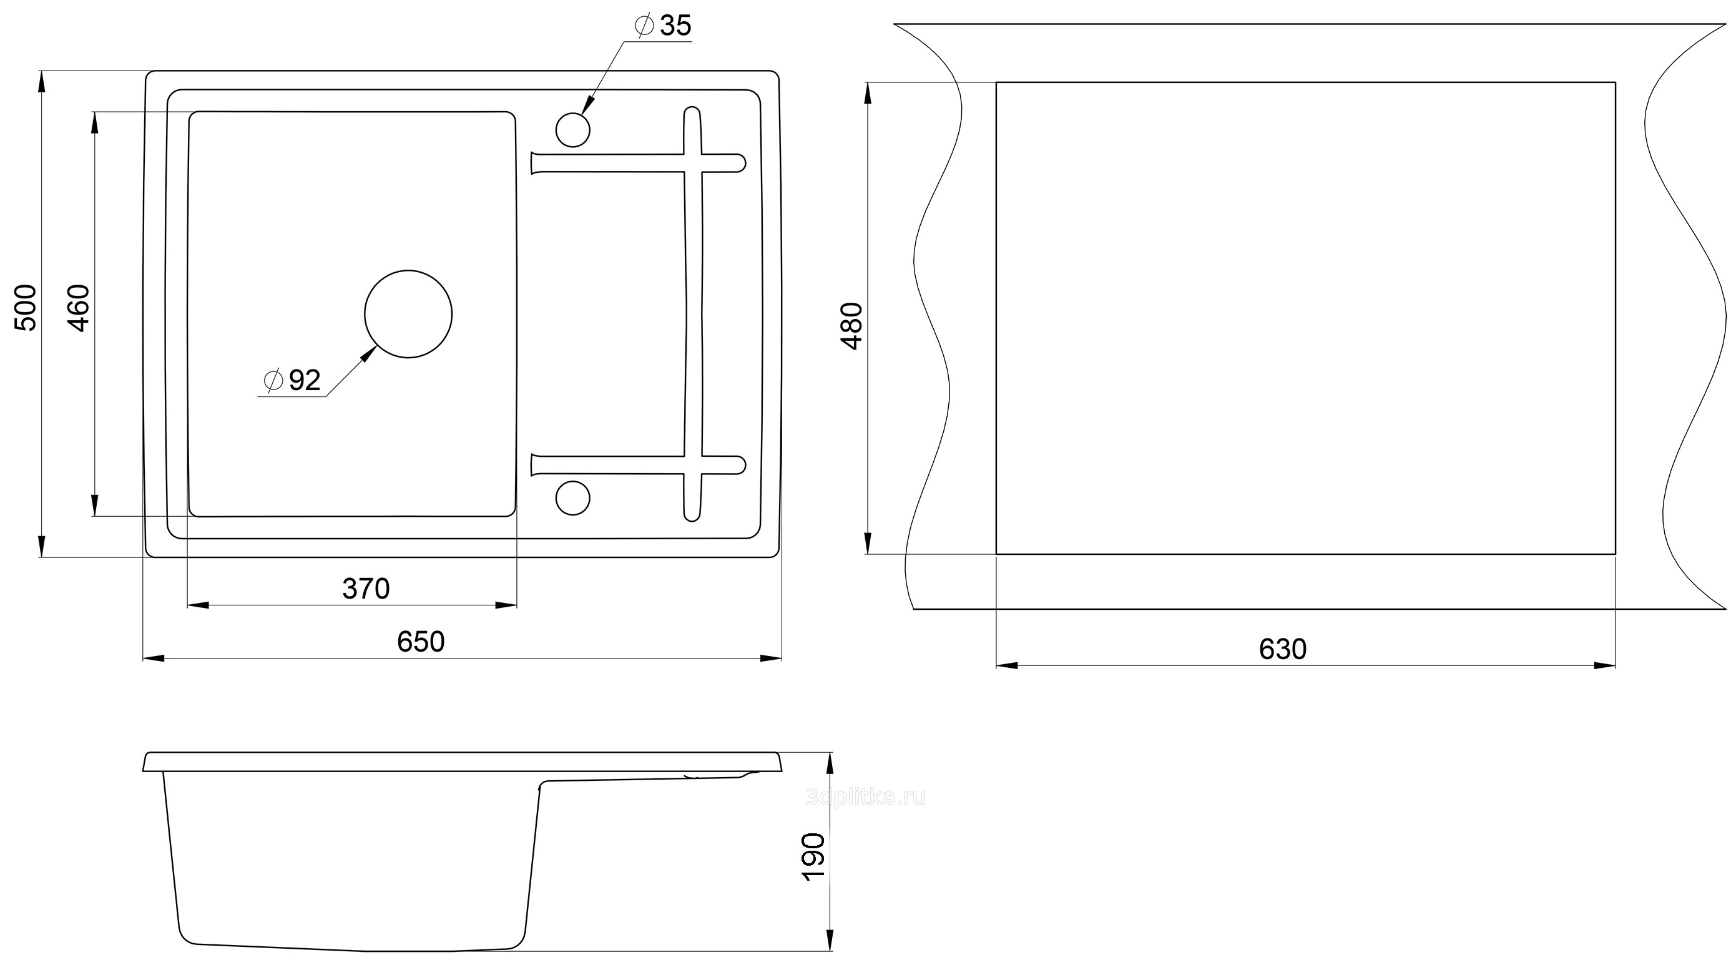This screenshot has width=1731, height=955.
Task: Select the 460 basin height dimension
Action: (79, 308)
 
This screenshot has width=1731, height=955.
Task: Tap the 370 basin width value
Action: (366, 589)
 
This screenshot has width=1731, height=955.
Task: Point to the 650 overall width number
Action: (421, 642)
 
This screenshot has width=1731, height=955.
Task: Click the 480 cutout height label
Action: (851, 326)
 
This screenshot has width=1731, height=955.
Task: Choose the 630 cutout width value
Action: (1282, 649)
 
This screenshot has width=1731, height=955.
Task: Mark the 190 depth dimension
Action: (814, 856)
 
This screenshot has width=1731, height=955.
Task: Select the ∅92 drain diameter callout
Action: (292, 380)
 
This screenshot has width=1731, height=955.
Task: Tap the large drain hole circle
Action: (408, 270)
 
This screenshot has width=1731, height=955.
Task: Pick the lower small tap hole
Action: (573, 481)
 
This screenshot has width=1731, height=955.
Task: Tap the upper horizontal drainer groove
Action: (639, 164)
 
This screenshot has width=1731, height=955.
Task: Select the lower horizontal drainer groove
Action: (639, 465)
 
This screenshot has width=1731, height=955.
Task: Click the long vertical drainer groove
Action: (694, 314)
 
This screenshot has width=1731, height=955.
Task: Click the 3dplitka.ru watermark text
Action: (865, 798)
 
